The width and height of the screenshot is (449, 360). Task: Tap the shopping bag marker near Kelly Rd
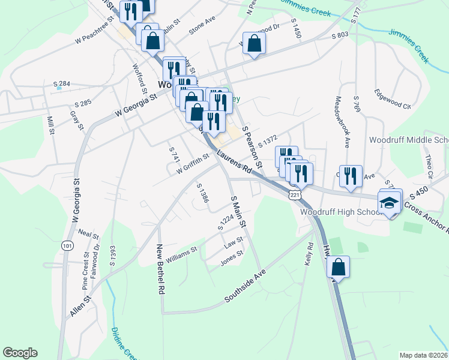(x=339, y=268)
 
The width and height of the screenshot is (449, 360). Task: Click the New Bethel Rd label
(x=160, y=269)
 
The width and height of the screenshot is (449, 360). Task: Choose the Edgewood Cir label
(x=392, y=100)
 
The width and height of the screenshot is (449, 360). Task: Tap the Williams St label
(x=181, y=254)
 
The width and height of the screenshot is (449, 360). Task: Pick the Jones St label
(x=231, y=257)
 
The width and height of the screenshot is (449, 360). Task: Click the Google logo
(x=20, y=353)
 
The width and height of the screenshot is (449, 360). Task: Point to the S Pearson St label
(x=252, y=147)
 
